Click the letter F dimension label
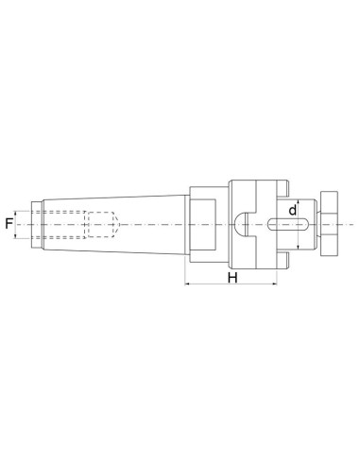tap(9, 224)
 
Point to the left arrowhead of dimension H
tap(187, 284)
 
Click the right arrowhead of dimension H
tap(277, 284)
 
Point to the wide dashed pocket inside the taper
tap(98, 224)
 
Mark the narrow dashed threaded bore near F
tap(62, 224)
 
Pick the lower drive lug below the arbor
tap(283, 259)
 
